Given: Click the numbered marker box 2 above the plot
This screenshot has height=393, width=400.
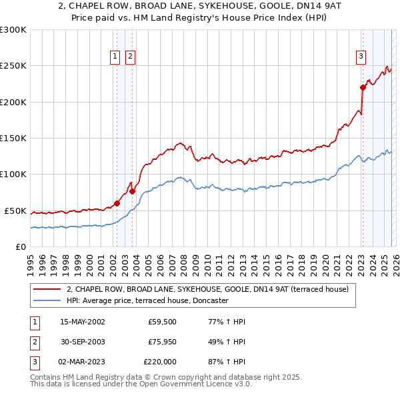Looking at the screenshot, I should pyautogui.click(x=130, y=57).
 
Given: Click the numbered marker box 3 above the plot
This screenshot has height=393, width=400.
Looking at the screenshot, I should pyautogui.click(x=361, y=57).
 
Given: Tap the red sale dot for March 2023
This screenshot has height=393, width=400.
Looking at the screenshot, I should pyautogui.click(x=363, y=87).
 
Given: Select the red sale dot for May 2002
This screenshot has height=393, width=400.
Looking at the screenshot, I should pyautogui.click(x=117, y=203).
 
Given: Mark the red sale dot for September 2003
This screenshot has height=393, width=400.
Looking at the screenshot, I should pyautogui.click(x=133, y=191).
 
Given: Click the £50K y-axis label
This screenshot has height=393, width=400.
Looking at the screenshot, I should pyautogui.click(x=15, y=210).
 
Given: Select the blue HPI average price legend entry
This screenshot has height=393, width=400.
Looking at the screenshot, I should pyautogui.click(x=147, y=300).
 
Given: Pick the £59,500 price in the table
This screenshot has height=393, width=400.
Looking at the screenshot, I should pyautogui.click(x=162, y=322).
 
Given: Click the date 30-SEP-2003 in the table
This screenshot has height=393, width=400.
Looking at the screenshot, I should pyautogui.click(x=83, y=342).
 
